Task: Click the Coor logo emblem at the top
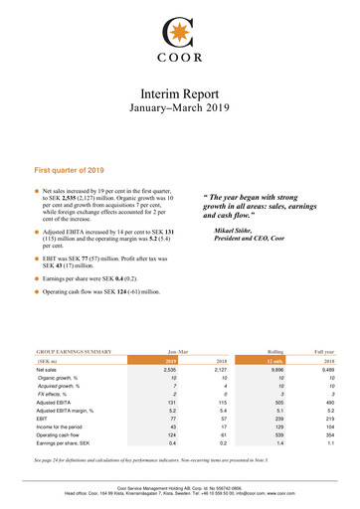179,23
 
